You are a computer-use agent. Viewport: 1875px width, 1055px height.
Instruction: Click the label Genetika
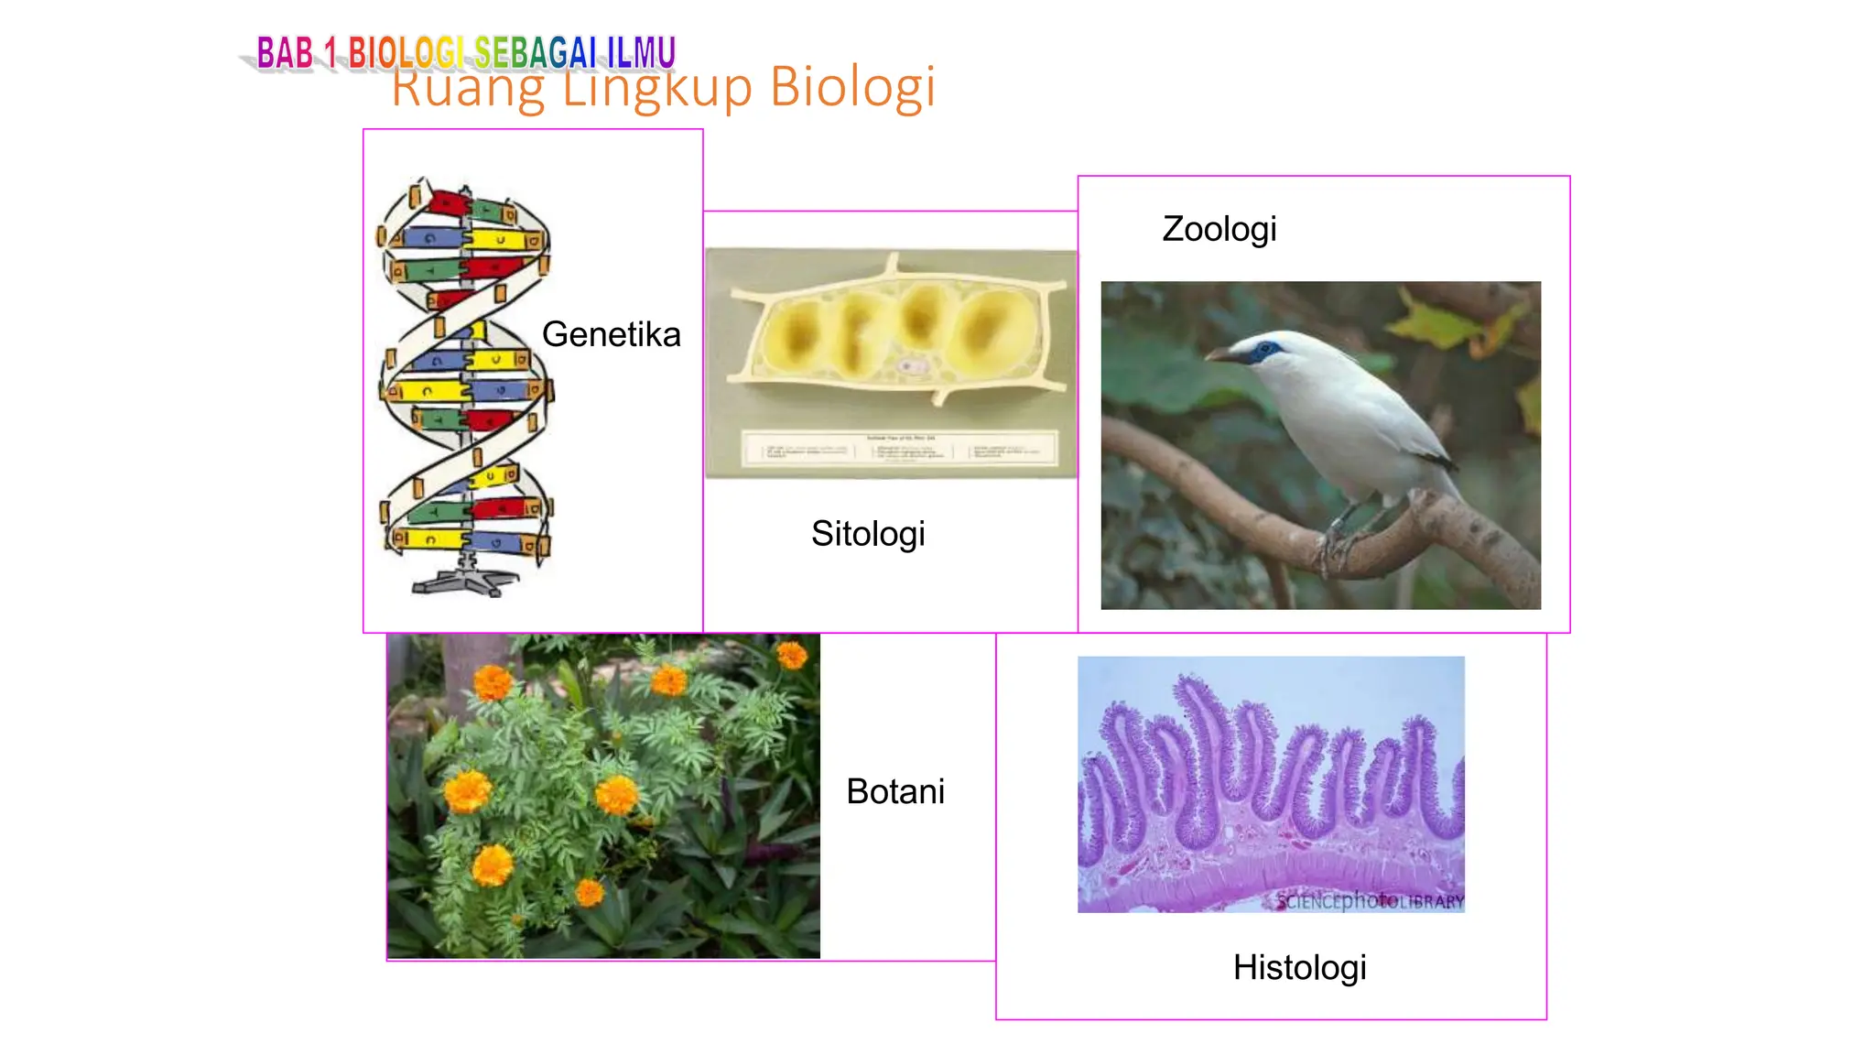pyautogui.click(x=611, y=334)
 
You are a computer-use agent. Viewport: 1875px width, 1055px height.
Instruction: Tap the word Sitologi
pyautogui.click(x=867, y=534)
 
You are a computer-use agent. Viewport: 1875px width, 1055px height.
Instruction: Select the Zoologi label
pyautogui.click(x=1219, y=229)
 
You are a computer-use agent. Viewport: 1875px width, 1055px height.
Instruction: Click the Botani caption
pyautogui.click(x=894, y=791)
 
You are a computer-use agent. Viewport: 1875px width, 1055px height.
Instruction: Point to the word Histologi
pyautogui.click(x=1298, y=967)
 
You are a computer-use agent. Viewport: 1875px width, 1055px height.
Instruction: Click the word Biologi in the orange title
pyautogui.click(x=852, y=88)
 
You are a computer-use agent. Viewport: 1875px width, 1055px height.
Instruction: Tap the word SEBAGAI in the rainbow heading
pyautogui.click(x=535, y=53)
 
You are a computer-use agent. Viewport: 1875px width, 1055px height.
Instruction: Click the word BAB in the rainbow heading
pyautogui.click(x=285, y=53)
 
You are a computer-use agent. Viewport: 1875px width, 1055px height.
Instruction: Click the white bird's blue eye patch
pyautogui.click(x=1267, y=350)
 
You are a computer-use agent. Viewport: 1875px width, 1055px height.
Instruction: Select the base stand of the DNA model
pyautogui.click(x=465, y=581)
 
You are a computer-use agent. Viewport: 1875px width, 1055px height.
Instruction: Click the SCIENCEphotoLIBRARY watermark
pyautogui.click(x=1370, y=901)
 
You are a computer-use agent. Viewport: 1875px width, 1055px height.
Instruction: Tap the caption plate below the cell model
pyautogui.click(x=897, y=450)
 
